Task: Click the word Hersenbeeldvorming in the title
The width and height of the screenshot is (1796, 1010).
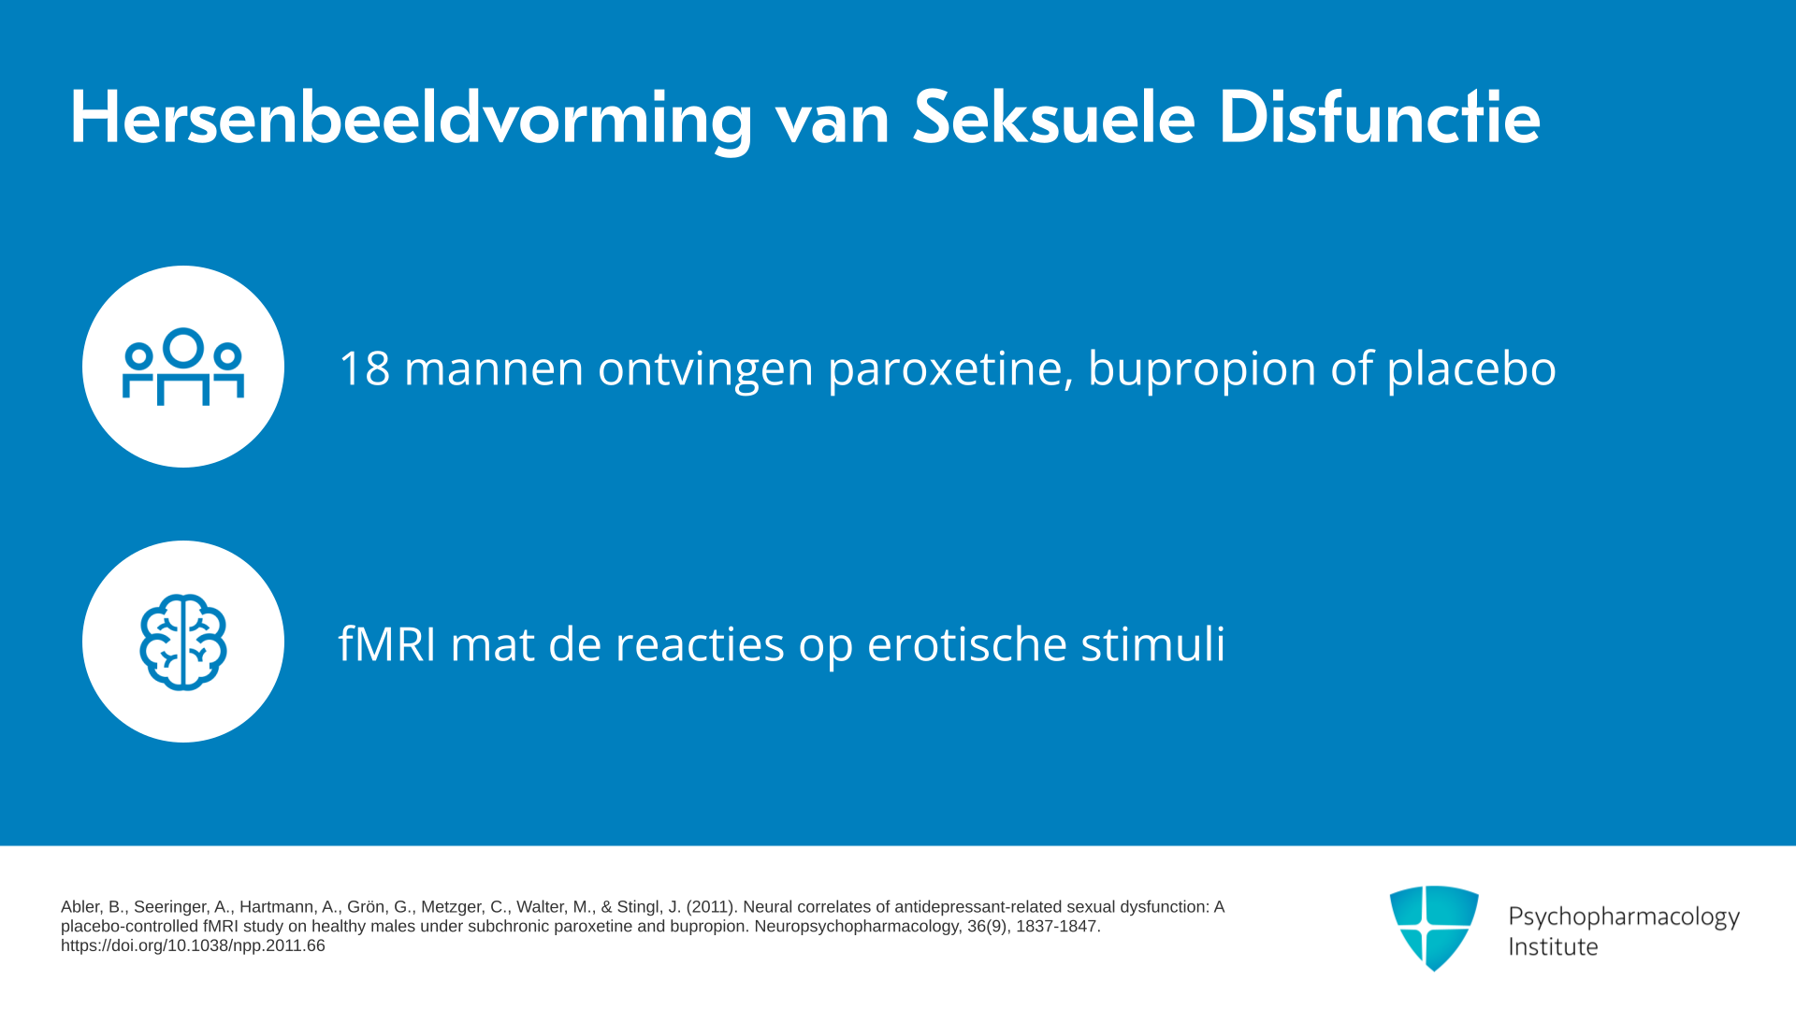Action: point(412,119)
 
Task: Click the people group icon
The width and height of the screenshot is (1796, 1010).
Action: point(183,367)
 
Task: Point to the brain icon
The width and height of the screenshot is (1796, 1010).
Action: point(183,642)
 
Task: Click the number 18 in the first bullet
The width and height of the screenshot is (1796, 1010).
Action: point(364,368)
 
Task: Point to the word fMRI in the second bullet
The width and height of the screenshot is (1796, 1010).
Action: point(387,644)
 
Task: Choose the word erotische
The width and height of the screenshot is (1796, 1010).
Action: point(967,644)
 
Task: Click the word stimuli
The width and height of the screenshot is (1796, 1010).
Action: point(1153,644)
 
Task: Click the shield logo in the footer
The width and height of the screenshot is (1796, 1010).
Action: point(1434,928)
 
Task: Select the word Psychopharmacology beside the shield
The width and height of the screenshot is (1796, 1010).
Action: point(1624,917)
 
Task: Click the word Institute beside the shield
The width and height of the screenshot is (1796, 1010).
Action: point(1553,947)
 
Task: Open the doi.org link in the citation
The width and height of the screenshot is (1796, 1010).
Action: point(193,945)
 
